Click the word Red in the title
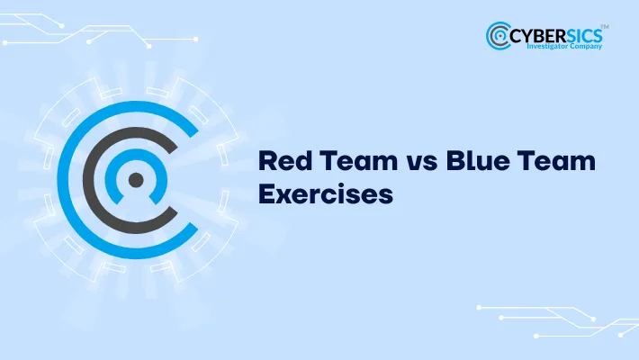click(281, 162)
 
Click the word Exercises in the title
click(326, 193)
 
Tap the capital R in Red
click(266, 162)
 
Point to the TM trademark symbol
click(605, 26)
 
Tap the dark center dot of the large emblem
click(135, 179)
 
